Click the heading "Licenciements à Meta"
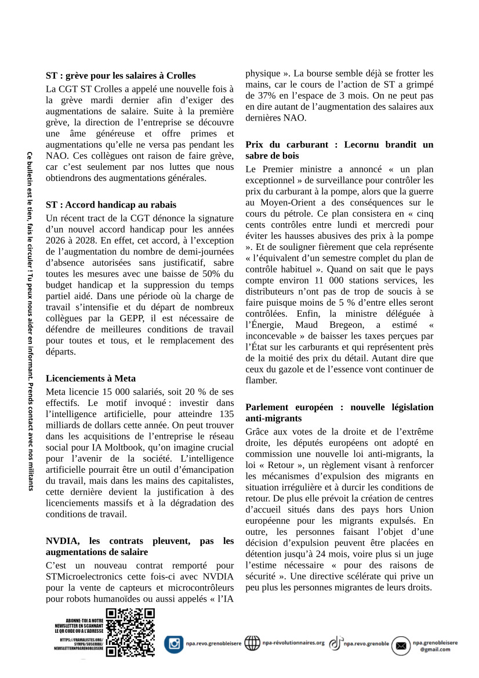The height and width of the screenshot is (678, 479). click(90, 378)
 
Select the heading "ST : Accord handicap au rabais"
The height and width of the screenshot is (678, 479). click(111, 205)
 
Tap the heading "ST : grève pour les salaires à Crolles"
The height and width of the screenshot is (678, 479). click(121, 75)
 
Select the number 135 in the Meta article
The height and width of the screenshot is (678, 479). click(224, 414)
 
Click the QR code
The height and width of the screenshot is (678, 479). click(130, 632)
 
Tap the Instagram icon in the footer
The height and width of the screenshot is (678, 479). click(173, 644)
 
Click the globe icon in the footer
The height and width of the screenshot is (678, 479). click(252, 643)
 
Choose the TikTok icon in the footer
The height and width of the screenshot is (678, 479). click(335, 643)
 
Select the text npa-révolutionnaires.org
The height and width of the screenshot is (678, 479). click(293, 643)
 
